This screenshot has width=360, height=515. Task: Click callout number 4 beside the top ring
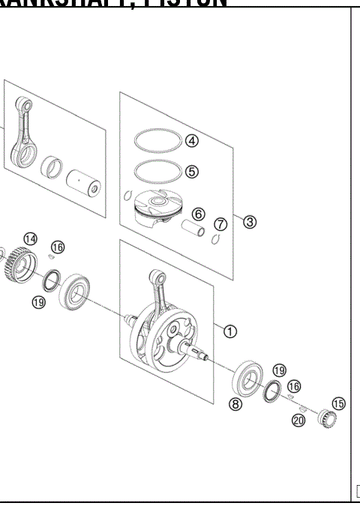pyautogui.click(x=192, y=140)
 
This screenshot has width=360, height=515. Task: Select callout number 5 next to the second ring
pyautogui.click(x=192, y=172)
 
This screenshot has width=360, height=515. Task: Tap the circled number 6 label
pyautogui.click(x=198, y=214)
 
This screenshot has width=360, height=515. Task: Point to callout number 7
pyautogui.click(x=220, y=224)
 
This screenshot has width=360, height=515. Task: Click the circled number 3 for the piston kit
pyautogui.click(x=250, y=221)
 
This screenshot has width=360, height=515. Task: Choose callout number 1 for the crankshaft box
pyautogui.click(x=230, y=329)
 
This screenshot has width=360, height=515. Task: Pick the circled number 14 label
pyautogui.click(x=29, y=239)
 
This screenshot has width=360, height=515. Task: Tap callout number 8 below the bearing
pyautogui.click(x=235, y=404)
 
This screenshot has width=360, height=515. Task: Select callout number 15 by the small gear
pyautogui.click(x=338, y=404)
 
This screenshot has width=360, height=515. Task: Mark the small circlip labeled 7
pyautogui.click(x=215, y=239)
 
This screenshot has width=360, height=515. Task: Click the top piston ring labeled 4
pyautogui.click(x=157, y=139)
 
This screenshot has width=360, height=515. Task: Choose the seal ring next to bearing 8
pyautogui.click(x=273, y=391)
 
